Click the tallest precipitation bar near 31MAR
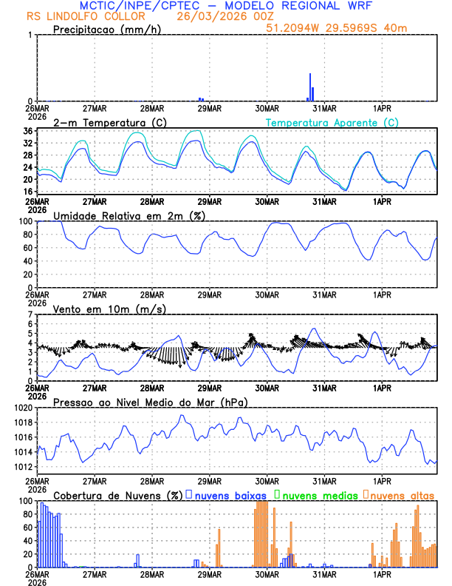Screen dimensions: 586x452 [310, 87]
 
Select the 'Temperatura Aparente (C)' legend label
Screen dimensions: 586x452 [332, 122]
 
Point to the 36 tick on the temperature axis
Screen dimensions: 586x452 [27, 131]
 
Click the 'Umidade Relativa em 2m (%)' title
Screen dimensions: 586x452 [129, 215]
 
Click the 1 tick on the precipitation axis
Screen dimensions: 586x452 [30, 35]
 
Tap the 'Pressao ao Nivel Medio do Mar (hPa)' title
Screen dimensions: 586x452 [150, 402]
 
